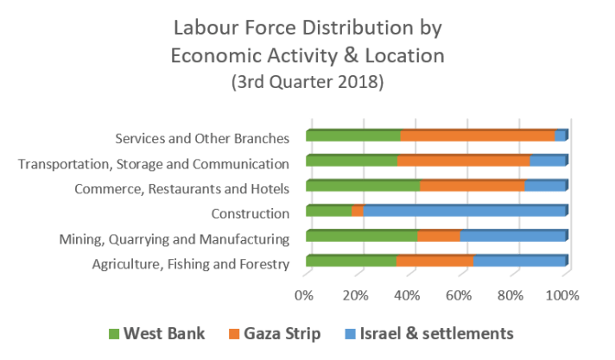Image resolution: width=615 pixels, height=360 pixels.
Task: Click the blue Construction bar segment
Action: (465, 212)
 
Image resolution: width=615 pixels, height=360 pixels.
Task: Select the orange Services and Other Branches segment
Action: (477, 136)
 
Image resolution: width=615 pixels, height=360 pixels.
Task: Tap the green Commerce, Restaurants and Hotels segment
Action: (362, 186)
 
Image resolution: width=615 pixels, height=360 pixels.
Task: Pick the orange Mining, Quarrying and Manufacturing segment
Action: (439, 237)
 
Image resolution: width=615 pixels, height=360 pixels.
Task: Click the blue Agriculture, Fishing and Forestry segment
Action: (518, 262)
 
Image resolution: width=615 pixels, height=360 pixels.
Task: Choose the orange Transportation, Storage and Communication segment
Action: (463, 161)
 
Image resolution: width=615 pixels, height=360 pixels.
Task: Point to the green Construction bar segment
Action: (328, 212)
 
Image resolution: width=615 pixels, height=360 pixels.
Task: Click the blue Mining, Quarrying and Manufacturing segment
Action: (513, 237)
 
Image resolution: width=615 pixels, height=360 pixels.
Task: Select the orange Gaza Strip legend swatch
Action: (234, 332)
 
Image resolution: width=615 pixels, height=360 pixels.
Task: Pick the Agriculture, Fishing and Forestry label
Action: (190, 264)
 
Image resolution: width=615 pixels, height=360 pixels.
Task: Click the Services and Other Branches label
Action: (201, 137)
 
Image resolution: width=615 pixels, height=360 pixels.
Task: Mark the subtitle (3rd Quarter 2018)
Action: (307, 84)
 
